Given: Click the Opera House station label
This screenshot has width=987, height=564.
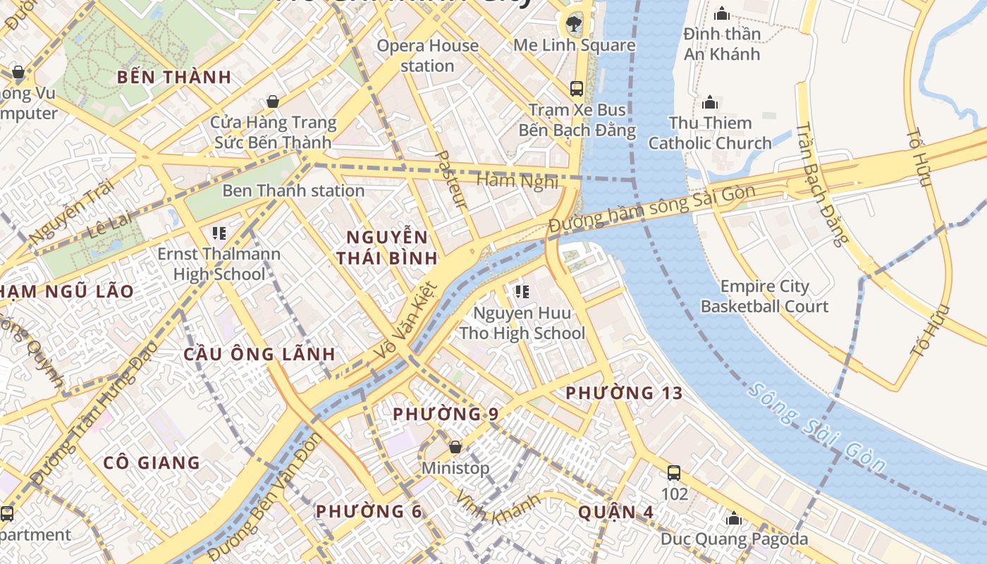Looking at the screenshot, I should coord(427,56).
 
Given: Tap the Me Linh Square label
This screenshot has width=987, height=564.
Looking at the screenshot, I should coord(574,45).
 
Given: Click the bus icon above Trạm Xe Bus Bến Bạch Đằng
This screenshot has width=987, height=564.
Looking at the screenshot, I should coord(577,88).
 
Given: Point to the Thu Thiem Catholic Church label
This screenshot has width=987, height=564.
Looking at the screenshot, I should coord(710,133).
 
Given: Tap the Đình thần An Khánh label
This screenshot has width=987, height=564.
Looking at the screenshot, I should coord(722,44).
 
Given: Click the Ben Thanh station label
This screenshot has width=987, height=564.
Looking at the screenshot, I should coord(293,190).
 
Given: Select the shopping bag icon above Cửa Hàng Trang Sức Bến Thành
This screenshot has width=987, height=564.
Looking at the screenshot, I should coord(273,102).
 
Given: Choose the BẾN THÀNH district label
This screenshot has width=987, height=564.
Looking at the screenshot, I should coord(174,78).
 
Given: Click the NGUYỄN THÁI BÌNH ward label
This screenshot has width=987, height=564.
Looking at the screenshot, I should coord(387,247).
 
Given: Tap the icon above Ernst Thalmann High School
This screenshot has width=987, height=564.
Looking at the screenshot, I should coord(219,233).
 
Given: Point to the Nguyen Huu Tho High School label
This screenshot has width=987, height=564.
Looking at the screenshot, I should coord(522,323).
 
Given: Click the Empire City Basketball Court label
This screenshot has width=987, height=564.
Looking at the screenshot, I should coord(764,297).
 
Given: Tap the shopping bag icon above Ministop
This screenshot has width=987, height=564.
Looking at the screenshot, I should coord(455,447).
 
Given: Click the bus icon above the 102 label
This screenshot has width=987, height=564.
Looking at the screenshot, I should coord(674,473).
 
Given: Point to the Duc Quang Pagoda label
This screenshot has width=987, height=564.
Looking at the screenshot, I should coord(734,539).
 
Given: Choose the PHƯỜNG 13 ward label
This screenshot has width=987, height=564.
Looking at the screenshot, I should coord(624,393).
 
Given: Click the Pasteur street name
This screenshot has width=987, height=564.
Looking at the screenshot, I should coord(452,180).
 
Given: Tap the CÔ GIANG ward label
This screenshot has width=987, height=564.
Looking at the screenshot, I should coord(152,462).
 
